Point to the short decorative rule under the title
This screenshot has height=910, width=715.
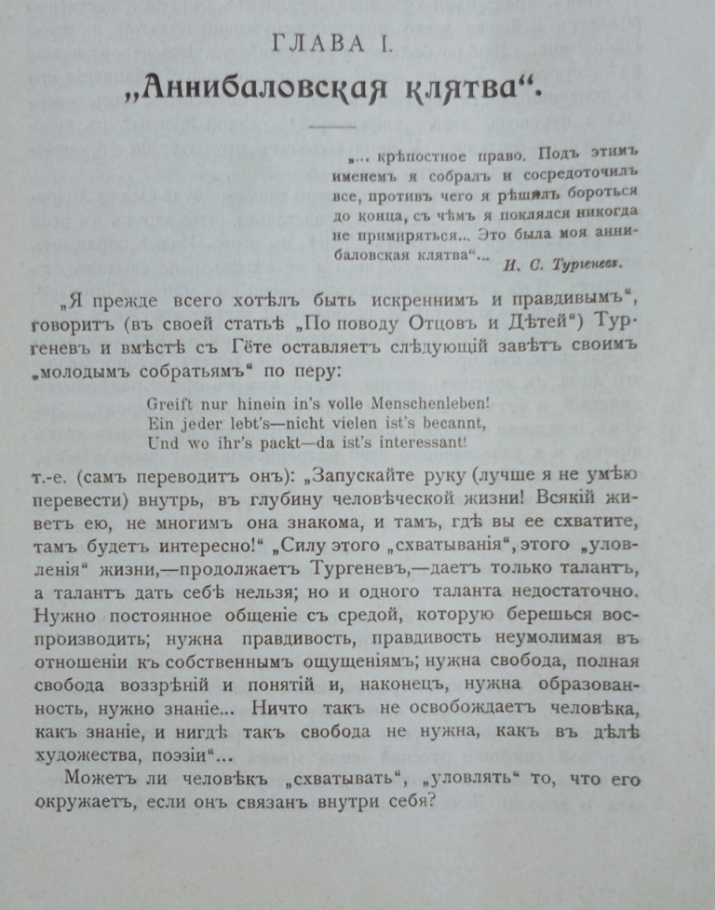(331, 126)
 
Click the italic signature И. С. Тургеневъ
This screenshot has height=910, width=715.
(559, 263)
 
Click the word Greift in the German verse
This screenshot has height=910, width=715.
(169, 406)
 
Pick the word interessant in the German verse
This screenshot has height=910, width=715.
(420, 442)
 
